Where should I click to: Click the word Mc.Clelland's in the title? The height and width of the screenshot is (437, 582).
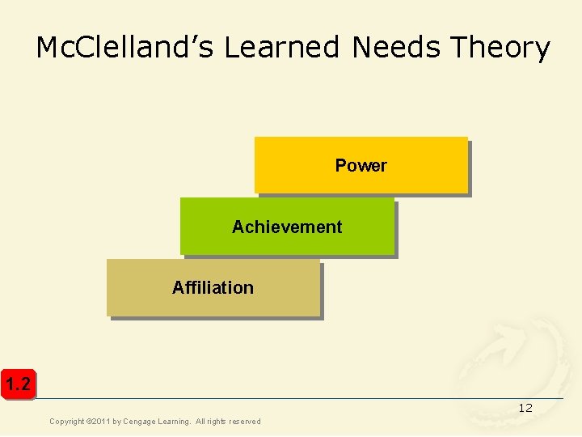click(125, 48)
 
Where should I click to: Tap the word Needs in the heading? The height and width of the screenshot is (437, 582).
click(396, 48)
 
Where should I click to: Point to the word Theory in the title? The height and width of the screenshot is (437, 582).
click(500, 48)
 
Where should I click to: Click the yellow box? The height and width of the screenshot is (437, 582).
click(361, 165)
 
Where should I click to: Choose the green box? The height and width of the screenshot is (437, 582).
click(287, 227)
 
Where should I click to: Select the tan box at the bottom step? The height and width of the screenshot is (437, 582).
click(213, 287)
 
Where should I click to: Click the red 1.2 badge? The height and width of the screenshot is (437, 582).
click(17, 384)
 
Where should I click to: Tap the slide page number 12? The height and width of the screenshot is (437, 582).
click(525, 408)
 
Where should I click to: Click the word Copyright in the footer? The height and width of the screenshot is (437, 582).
click(68, 422)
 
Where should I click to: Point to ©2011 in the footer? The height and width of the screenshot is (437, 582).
click(100, 422)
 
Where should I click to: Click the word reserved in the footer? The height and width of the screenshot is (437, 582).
click(244, 422)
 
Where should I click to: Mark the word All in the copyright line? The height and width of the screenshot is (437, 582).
click(200, 422)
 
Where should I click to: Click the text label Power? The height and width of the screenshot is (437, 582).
click(361, 165)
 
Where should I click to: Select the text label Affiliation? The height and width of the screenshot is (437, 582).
click(213, 287)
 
